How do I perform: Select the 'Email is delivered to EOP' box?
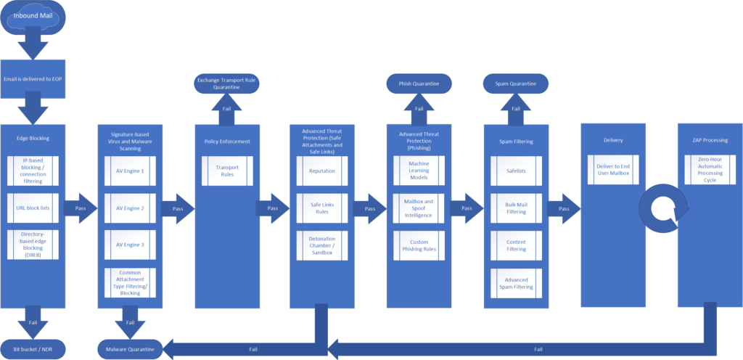click(33, 79)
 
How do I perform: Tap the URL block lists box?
click(33, 208)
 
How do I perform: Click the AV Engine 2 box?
click(131, 208)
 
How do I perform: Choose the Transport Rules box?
click(227, 171)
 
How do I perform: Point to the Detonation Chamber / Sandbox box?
click(321, 245)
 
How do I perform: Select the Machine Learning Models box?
click(418, 171)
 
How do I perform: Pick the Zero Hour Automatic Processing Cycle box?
click(709, 172)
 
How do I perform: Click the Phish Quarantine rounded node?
click(419, 83)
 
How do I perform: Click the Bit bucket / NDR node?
click(33, 349)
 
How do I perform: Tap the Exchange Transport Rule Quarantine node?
click(227, 83)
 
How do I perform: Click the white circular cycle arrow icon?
click(660, 208)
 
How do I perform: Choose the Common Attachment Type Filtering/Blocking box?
click(131, 282)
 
